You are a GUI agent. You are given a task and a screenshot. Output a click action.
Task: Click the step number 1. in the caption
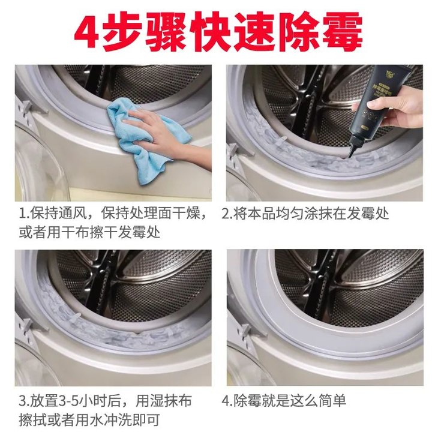pos(23,214)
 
